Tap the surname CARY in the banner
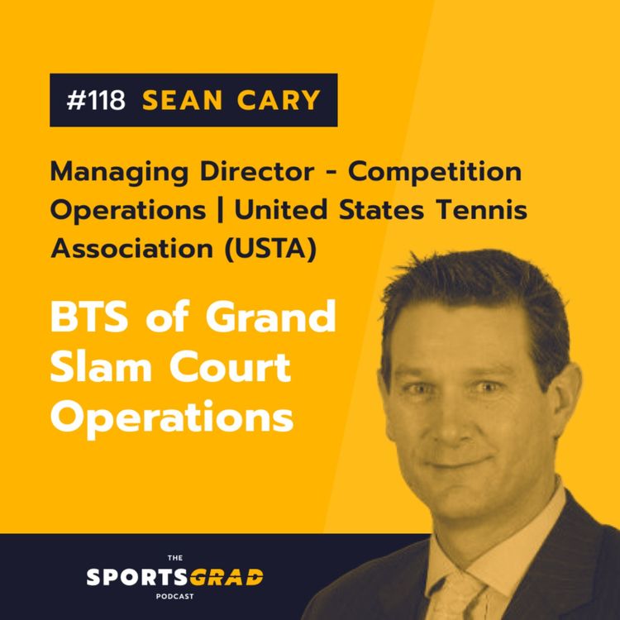274,101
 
